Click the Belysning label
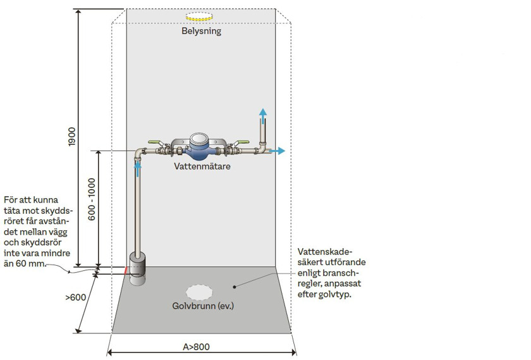pyautogui.click(x=201, y=31)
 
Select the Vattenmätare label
pyautogui.click(x=202, y=166)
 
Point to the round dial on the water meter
pyautogui.click(x=199, y=139)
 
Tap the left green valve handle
pyautogui.click(x=154, y=142)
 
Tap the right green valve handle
pyautogui.click(x=243, y=142)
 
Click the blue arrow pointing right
pyautogui.click(x=278, y=151)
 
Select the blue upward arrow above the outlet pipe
pyautogui.click(x=263, y=116)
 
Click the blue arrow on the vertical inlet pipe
pyautogui.click(x=138, y=169)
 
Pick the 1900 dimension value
pyautogui.click(x=72, y=137)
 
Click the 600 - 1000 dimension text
pyautogui.click(x=92, y=199)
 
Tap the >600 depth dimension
pyautogui.click(x=75, y=297)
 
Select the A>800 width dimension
pyautogui.click(x=197, y=347)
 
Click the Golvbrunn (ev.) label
pyautogui.click(x=203, y=306)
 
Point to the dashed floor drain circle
pyautogui.click(x=199, y=292)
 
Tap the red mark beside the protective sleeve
pyautogui.click(x=126, y=271)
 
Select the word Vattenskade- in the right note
pyautogui.click(x=325, y=252)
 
